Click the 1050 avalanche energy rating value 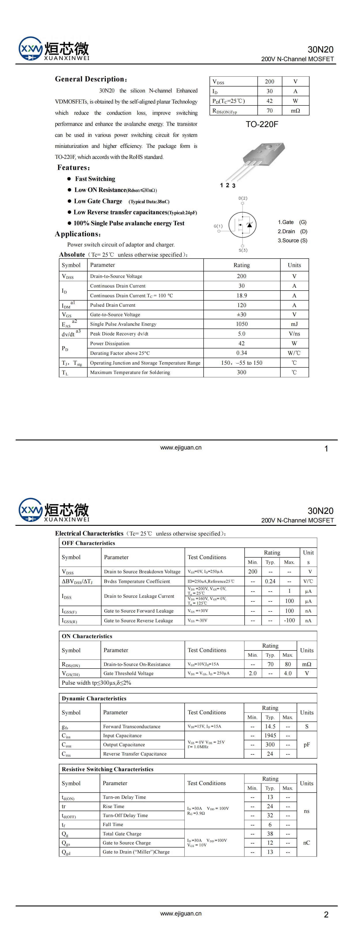pyautogui.click(x=242, y=324)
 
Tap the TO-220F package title pyautogui.click(x=262, y=124)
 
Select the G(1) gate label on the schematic pyautogui.click(x=218, y=226)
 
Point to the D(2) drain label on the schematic pyautogui.click(x=243, y=198)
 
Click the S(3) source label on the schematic pyautogui.click(x=243, y=250)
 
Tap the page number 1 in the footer pyautogui.click(x=326, y=449)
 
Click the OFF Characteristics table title pyautogui.click(x=88, y=543)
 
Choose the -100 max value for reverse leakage pyautogui.click(x=289, y=620)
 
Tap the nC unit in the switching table pyautogui.click(x=306, y=843)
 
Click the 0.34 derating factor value pyautogui.click(x=242, y=353)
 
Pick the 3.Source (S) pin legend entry pyautogui.click(x=292, y=241)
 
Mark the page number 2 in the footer pyautogui.click(x=326, y=914)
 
